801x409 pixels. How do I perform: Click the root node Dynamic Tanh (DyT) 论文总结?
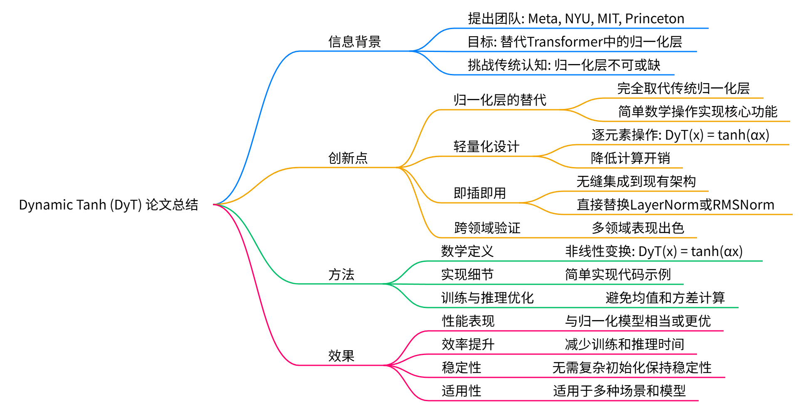(x=109, y=205)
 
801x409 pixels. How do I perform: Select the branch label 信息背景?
(x=354, y=42)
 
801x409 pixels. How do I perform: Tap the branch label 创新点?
(x=348, y=158)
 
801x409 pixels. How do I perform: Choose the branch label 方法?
(x=341, y=274)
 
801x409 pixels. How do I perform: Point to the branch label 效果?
(x=341, y=356)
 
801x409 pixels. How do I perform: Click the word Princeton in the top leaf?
(x=655, y=19)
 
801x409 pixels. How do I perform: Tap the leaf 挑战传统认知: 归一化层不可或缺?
(x=564, y=65)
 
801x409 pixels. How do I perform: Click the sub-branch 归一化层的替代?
(x=499, y=100)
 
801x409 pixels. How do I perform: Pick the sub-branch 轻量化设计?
(x=486, y=146)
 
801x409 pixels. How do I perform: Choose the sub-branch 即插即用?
(x=480, y=193)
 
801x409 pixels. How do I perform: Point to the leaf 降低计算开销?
(x=630, y=158)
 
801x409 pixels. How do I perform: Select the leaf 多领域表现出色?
(x=638, y=228)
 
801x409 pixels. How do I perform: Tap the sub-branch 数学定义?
(x=467, y=251)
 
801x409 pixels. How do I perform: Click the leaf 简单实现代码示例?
(x=618, y=274)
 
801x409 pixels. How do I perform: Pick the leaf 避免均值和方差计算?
(x=665, y=298)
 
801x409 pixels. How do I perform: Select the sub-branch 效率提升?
(x=468, y=344)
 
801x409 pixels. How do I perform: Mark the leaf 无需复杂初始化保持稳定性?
(x=632, y=367)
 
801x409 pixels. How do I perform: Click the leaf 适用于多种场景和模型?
(x=619, y=391)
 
